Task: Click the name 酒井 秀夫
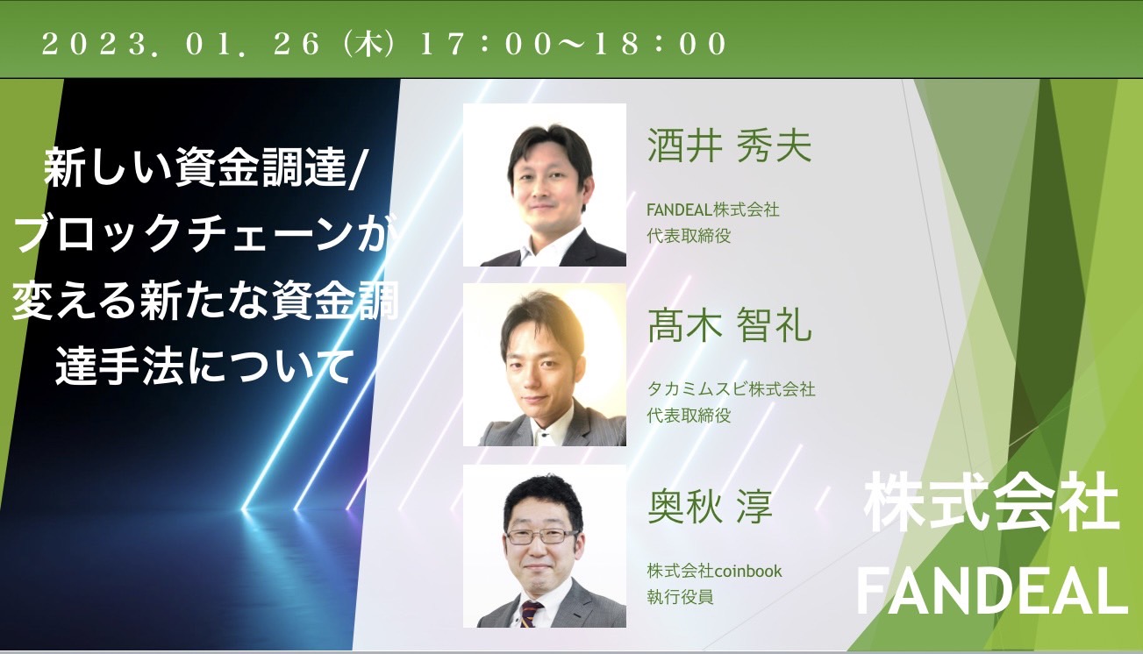729,146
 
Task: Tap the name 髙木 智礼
729,325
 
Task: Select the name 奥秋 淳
710,506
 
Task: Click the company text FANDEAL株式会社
713,210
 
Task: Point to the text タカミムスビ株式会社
731,389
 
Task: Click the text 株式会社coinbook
714,571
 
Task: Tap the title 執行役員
680,596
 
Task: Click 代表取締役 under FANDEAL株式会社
689,236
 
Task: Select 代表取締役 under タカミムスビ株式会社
689,416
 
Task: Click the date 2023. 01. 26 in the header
181,44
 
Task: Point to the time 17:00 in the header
486,44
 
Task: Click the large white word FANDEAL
992,591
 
